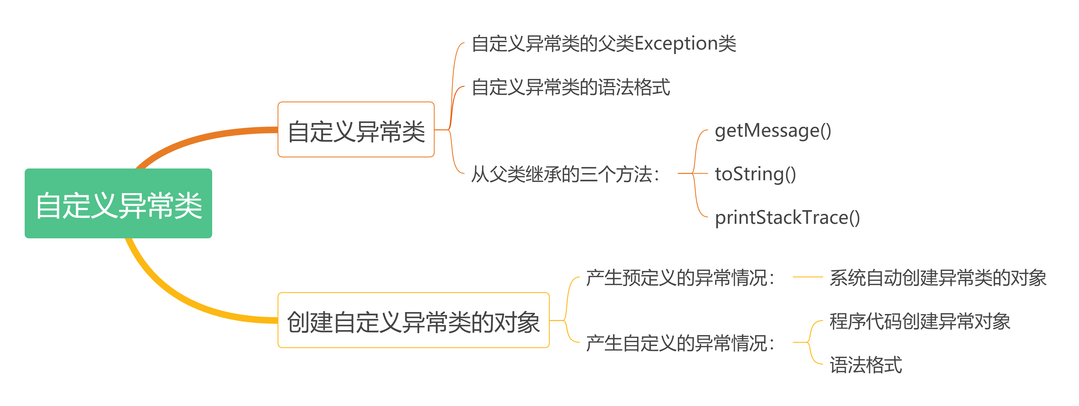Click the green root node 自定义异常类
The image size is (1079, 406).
click(x=118, y=204)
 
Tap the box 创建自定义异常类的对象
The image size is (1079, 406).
click(x=413, y=321)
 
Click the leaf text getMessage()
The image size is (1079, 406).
click(x=773, y=131)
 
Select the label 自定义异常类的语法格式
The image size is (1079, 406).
click(x=570, y=87)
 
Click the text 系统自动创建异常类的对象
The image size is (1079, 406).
click(x=938, y=278)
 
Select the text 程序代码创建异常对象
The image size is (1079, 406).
click(x=919, y=321)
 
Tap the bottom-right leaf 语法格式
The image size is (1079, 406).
click(x=865, y=365)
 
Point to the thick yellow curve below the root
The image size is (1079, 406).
click(x=176, y=298)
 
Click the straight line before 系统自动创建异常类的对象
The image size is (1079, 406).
click(x=808, y=277)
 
